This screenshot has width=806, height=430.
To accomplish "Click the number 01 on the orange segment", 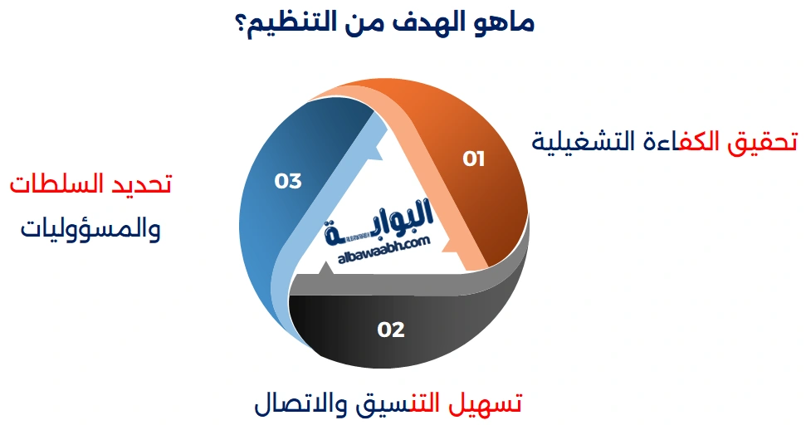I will pyautogui.click(x=474, y=159).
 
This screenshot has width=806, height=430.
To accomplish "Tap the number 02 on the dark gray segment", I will pyautogui.click(x=391, y=330).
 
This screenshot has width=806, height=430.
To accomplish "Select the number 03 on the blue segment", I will pyautogui.click(x=288, y=180).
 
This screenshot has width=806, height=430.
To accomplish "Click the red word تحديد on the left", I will pyautogui.click(x=140, y=184).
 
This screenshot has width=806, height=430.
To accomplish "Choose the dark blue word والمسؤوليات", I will pyautogui.click(x=90, y=228).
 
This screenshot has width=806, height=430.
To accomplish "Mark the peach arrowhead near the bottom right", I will pyautogui.click(x=448, y=246).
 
